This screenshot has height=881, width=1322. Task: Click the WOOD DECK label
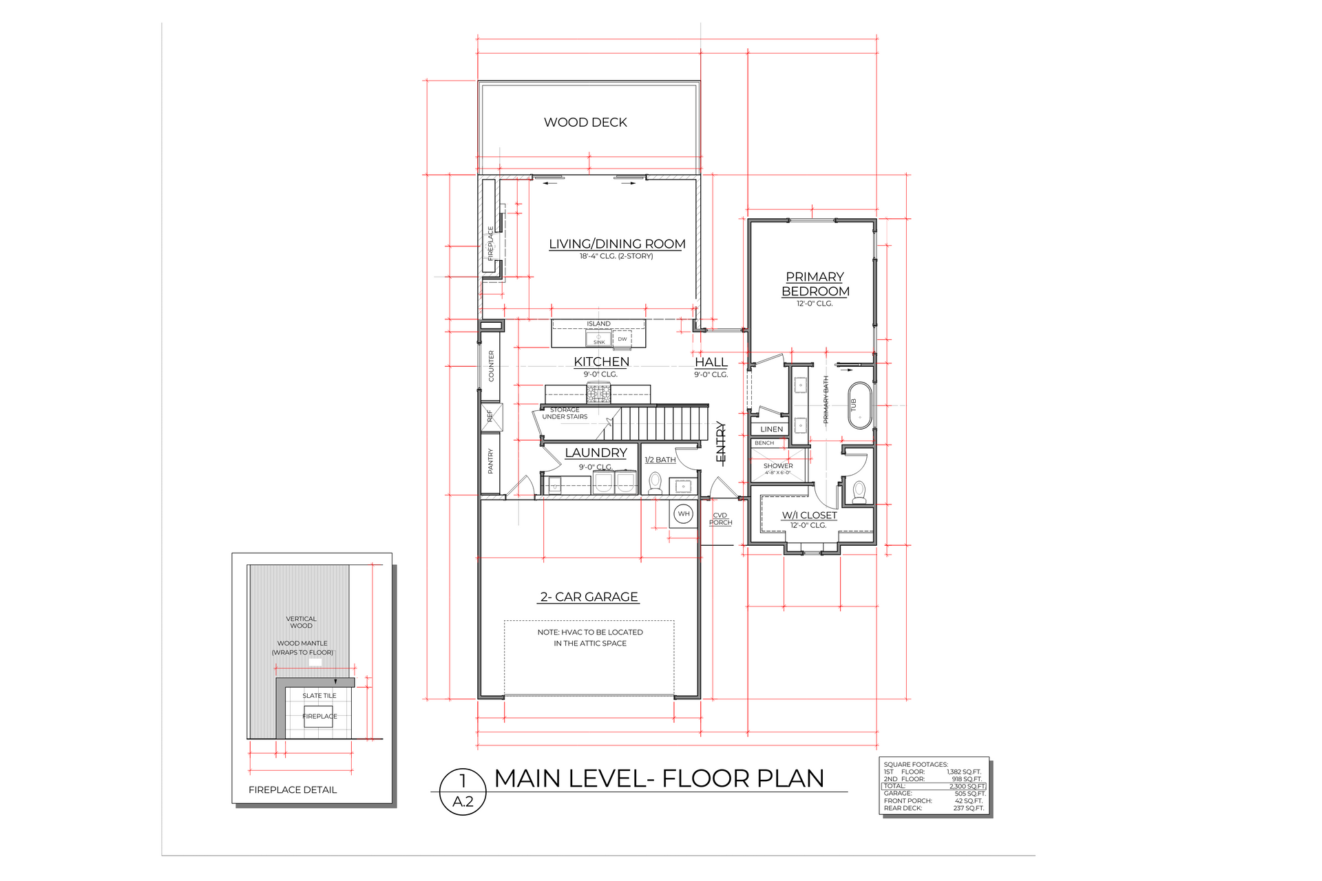(585, 123)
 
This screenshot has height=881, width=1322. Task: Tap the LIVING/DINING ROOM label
(617, 244)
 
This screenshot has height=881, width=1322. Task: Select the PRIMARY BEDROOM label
(815, 284)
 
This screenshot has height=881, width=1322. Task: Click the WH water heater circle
(683, 513)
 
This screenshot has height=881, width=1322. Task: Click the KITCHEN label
(601, 362)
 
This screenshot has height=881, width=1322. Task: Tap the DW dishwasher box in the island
(622, 339)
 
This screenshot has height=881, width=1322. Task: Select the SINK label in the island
(599, 341)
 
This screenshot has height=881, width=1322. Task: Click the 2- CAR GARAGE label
(589, 597)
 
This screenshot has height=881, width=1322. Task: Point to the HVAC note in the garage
(590, 637)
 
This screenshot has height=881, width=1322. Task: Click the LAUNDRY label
(596, 453)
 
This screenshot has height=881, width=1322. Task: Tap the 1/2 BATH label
(660, 460)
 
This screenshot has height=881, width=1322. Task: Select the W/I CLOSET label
(809, 516)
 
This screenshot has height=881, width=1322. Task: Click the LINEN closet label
(771, 429)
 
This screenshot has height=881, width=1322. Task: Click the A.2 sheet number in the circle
(463, 802)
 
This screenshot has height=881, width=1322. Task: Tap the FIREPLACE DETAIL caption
(293, 790)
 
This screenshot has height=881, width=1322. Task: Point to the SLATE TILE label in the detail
(319, 696)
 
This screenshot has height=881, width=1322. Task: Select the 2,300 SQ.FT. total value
(967, 786)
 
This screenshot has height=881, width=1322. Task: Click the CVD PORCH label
(720, 519)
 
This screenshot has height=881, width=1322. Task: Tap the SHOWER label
(778, 466)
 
